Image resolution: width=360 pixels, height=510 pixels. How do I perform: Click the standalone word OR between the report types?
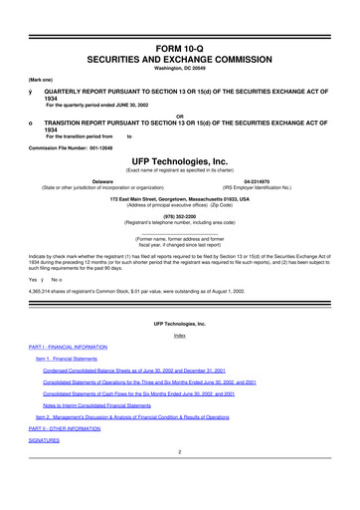pos(179,113)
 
